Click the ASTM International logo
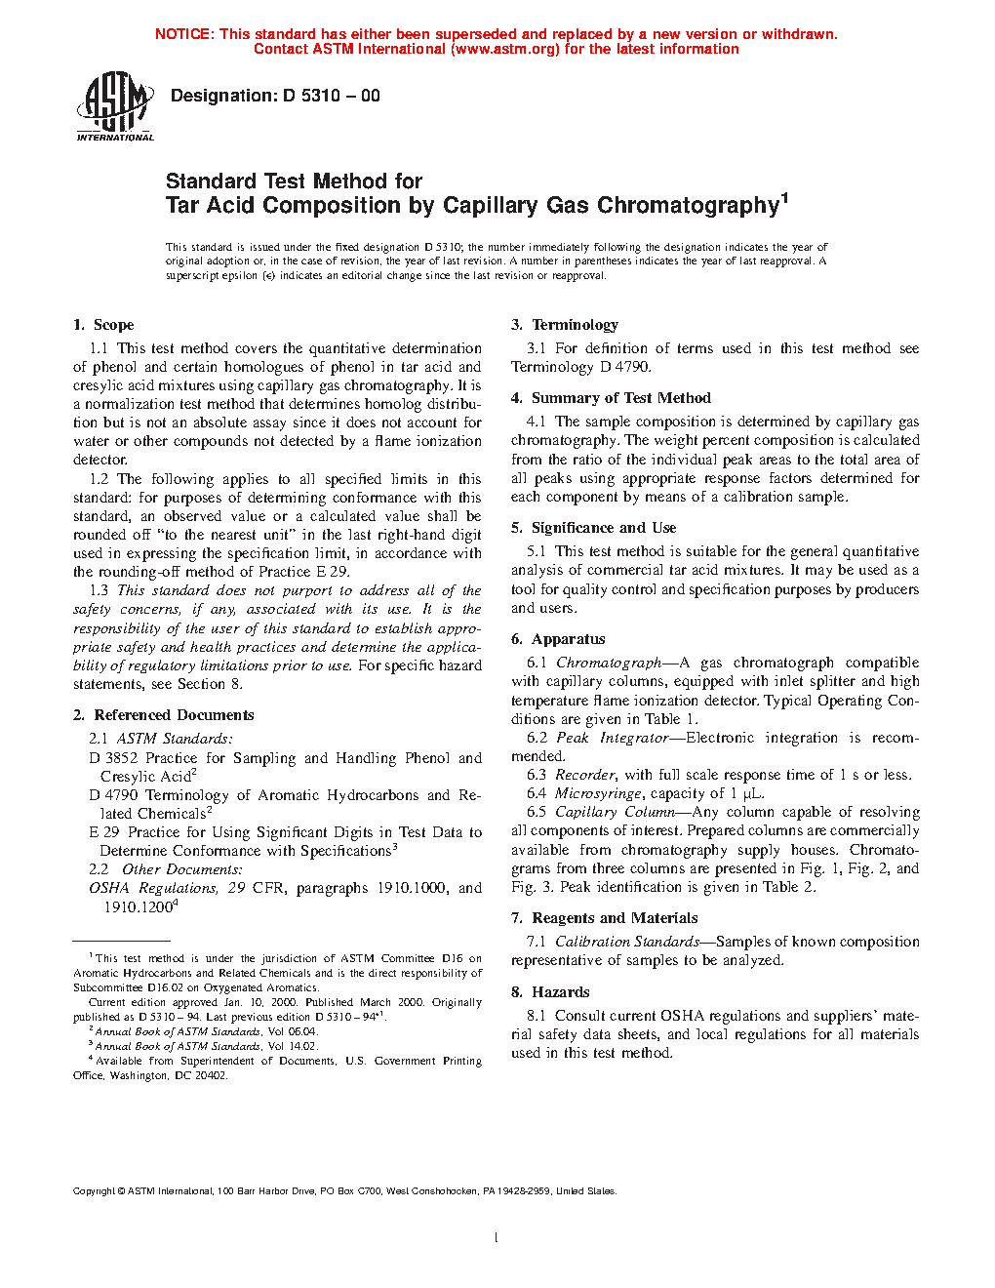pos(115,106)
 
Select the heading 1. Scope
pos(103,325)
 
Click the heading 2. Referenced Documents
pos(163,715)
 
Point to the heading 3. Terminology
pos(565,325)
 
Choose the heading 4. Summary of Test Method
pos(611,398)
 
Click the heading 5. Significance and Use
pos(593,528)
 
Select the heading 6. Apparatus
pos(558,639)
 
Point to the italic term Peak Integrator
pos(613,738)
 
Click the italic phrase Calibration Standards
pos(627,942)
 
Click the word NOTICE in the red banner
pos(183,34)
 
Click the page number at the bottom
pos(497,1238)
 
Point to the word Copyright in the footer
pos(94,1191)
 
